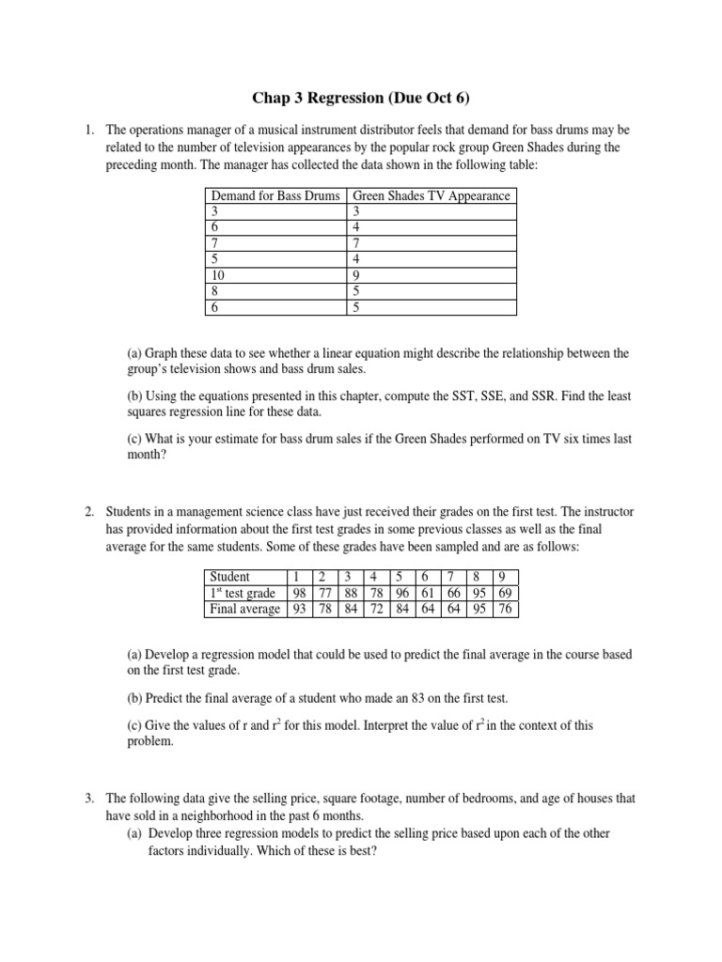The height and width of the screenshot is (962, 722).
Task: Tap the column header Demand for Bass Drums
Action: point(275,195)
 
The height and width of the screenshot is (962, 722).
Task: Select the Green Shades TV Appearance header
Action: point(431,195)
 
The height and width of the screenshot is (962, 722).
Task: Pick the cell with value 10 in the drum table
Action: point(217,275)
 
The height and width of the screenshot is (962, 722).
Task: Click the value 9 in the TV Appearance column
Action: point(355,275)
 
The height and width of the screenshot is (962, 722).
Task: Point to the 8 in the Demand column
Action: point(214,291)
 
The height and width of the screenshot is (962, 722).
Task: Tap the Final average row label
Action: point(243,609)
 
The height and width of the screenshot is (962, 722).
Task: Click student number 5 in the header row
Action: point(400,576)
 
